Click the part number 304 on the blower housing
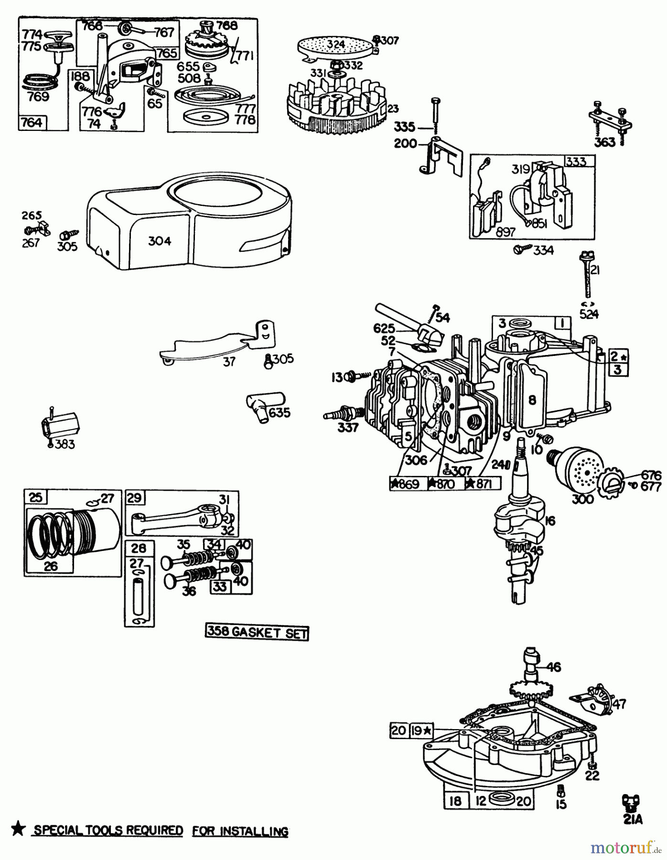tap(160, 241)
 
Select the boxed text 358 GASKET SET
tap(257, 632)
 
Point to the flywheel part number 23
tap(393, 109)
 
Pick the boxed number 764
tap(32, 122)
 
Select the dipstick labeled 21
tap(587, 277)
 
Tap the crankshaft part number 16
tap(550, 520)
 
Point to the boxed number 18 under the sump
tap(456, 801)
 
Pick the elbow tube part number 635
tap(280, 412)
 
